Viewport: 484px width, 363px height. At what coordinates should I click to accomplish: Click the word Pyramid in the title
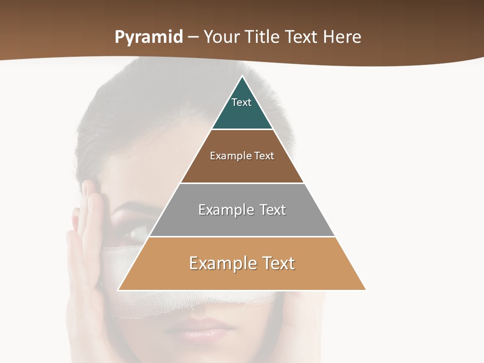[149, 37]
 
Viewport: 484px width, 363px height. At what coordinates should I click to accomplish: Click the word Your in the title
[220, 37]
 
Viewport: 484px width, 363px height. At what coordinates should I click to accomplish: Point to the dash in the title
[193, 37]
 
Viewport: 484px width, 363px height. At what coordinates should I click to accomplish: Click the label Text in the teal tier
[241, 102]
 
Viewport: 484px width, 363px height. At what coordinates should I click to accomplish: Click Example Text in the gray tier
[242, 210]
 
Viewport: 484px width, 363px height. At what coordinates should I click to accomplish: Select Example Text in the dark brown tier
[242, 156]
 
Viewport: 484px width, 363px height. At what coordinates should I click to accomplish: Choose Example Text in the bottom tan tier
[242, 263]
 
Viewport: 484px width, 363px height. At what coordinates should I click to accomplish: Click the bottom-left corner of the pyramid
[118, 290]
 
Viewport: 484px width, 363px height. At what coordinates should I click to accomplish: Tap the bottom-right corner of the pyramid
[366, 290]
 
